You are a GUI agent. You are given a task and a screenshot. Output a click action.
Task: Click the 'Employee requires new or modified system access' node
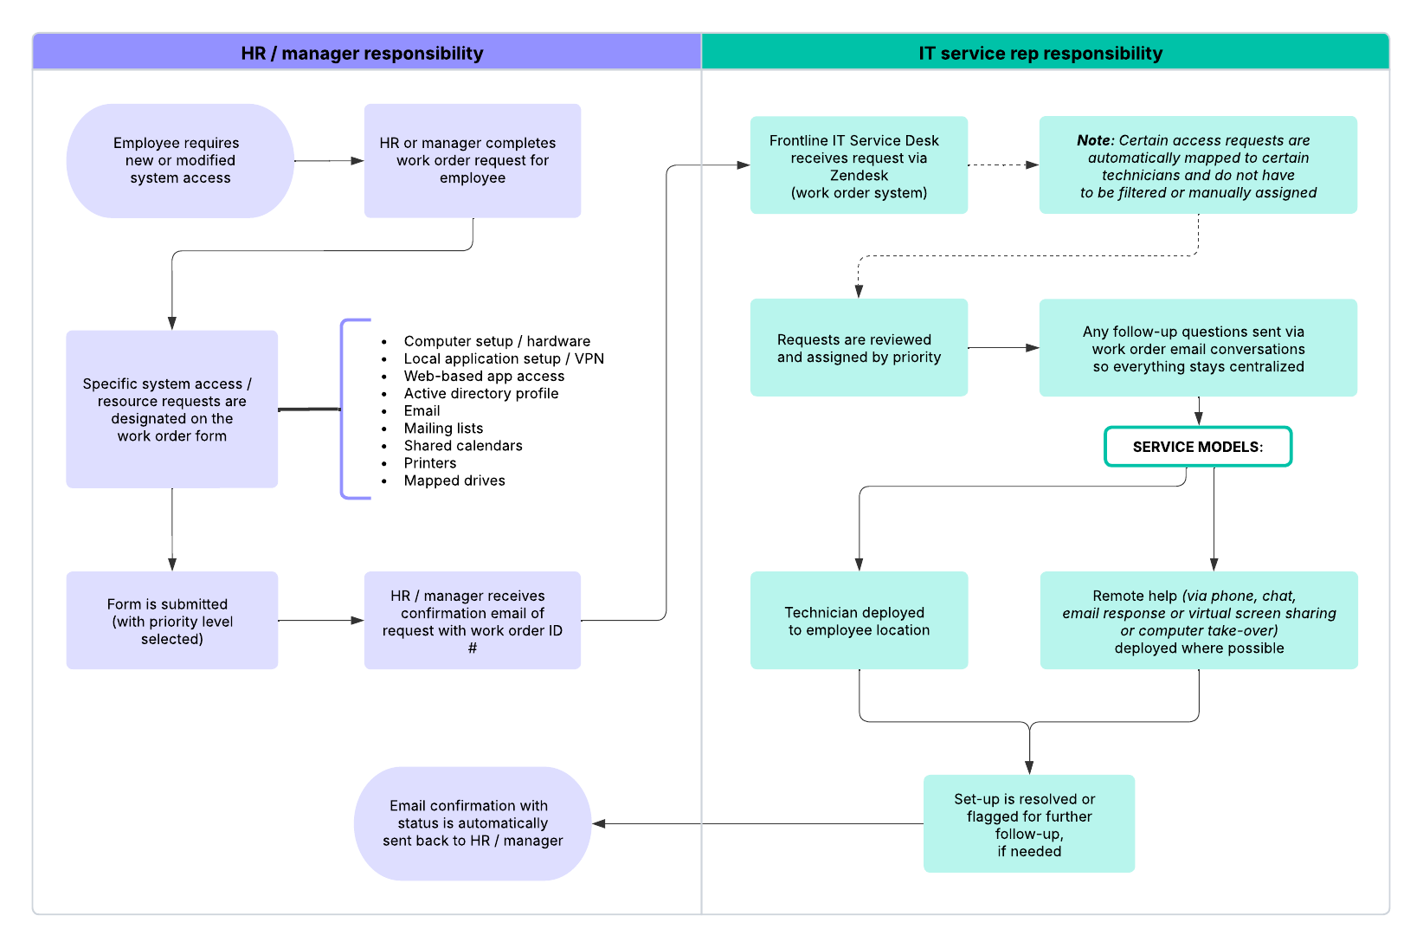[x=180, y=161]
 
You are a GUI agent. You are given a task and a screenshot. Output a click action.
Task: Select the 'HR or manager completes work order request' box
[x=472, y=161]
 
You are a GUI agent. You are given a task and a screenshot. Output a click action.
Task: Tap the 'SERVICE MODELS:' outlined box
[x=1197, y=447]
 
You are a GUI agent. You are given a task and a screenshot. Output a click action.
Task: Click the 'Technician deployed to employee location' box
[x=859, y=621]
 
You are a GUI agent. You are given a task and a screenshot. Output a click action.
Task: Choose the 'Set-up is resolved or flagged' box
[x=1028, y=824]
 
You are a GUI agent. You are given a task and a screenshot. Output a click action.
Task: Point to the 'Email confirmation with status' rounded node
[x=472, y=823]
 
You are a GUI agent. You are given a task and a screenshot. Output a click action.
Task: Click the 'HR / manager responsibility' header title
[x=362, y=54]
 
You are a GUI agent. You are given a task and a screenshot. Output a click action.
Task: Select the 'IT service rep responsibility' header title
[x=1040, y=54]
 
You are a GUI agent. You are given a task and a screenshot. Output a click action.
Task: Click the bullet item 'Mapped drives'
[x=454, y=480]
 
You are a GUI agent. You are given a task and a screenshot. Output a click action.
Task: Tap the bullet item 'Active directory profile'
[x=481, y=394]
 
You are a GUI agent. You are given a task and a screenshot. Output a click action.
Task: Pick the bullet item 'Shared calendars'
[x=463, y=446]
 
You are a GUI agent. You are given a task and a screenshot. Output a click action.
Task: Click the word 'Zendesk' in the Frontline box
[x=859, y=176]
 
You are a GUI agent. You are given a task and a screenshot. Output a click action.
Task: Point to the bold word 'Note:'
[x=1095, y=140]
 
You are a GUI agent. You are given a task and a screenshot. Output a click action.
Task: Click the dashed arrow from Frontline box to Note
[x=1002, y=164]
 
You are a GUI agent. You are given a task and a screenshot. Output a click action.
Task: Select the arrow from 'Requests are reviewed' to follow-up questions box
[x=1002, y=348]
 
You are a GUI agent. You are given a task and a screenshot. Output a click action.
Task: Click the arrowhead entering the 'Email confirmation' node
[x=599, y=823]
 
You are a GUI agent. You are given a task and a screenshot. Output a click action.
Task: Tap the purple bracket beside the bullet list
[x=344, y=409]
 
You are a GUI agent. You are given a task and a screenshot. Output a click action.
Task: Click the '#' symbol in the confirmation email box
[x=472, y=648]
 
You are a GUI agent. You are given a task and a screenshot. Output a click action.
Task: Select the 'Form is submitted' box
[x=171, y=621]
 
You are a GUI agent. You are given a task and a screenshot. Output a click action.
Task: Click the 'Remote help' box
[x=1198, y=621]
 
